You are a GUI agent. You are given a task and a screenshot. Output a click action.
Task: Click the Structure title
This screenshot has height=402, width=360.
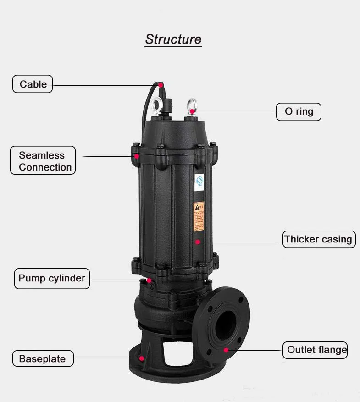point(173,39)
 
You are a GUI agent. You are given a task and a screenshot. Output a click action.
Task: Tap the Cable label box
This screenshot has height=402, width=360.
point(33,84)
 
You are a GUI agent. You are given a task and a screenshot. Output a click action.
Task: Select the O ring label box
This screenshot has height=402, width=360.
point(299,111)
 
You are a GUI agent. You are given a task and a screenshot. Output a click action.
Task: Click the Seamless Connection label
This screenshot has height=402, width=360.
point(42,161)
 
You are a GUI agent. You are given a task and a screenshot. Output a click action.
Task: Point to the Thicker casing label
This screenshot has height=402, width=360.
point(319,239)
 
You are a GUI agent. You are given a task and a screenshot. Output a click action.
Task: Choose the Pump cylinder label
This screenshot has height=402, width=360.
point(52,278)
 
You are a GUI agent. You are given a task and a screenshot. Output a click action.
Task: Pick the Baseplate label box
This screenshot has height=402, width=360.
point(43,358)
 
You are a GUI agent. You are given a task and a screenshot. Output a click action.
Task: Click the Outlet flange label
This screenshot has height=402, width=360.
point(317,350)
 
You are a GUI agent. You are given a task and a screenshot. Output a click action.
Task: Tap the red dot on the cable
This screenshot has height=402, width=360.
point(161,85)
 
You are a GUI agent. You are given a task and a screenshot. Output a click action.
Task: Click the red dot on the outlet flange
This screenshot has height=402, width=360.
point(226,350)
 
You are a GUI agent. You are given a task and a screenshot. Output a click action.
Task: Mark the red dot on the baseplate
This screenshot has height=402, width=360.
point(142,358)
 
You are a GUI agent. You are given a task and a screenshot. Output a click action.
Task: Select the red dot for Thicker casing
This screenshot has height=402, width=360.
point(198,241)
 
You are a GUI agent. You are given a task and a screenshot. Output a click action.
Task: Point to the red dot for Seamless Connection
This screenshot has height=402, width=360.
point(137,156)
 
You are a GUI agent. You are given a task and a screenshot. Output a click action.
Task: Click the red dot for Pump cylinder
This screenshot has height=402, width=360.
point(149,280)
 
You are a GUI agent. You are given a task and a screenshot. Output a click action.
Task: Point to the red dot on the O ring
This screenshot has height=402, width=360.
point(193,111)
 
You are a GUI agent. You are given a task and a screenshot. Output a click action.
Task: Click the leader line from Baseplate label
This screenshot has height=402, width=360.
point(105,358)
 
